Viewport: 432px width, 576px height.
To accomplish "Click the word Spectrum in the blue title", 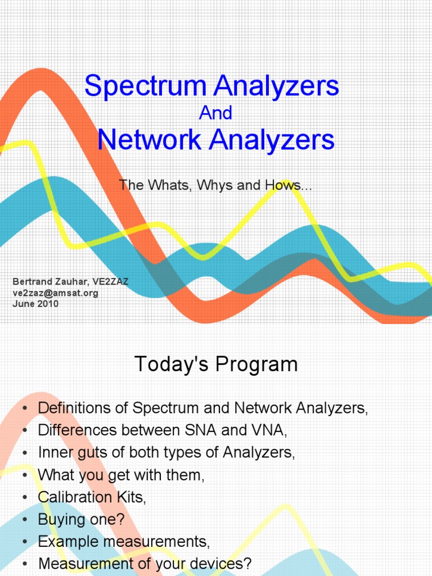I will [x=145, y=86].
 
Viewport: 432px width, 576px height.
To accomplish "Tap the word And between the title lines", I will [x=216, y=113].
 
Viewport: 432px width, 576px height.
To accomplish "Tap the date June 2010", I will [x=35, y=304].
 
